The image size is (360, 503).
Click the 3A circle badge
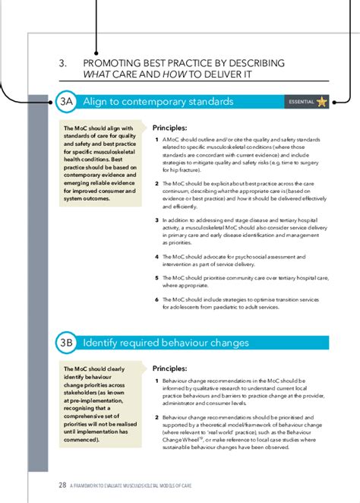tap(66, 102)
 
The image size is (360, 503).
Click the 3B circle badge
tap(66, 343)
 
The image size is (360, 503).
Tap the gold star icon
tap(322, 102)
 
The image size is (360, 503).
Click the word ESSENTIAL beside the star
tap(301, 103)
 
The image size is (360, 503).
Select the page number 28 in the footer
tap(62, 484)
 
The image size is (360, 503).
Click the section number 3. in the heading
tap(65, 62)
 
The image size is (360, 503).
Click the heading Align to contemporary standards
tap(158, 102)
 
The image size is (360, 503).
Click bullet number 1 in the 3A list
tap(156, 141)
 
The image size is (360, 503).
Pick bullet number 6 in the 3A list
tap(156, 299)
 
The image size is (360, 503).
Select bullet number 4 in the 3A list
tap(156, 257)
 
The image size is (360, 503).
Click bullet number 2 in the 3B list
tap(156, 417)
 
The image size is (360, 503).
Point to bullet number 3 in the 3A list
tap(156, 220)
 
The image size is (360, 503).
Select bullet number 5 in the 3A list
tap(156, 278)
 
